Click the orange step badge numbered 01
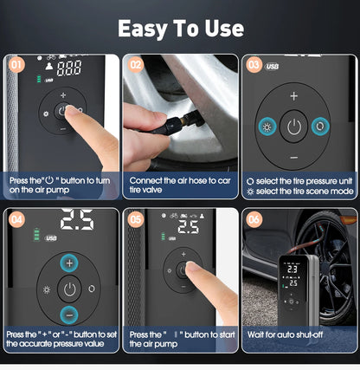click(15, 63)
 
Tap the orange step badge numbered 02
click(135, 63)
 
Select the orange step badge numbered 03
click(254, 63)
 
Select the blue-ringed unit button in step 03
click(321, 127)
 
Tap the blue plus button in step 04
click(69, 263)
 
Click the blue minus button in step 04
click(69, 314)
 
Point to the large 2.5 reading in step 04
click(76, 223)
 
